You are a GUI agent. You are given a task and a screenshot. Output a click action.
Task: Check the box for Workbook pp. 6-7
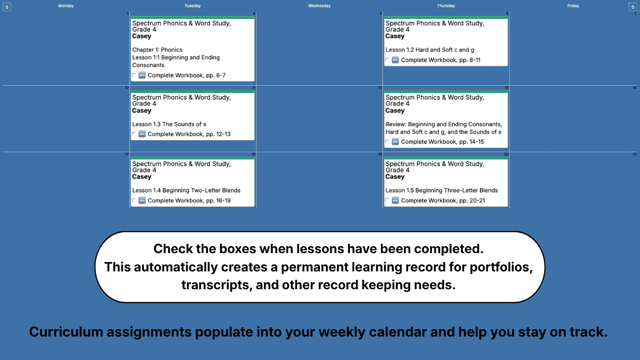(x=134, y=75)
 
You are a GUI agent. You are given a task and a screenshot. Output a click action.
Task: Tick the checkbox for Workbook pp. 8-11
(x=387, y=60)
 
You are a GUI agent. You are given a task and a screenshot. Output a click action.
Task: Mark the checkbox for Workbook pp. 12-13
(x=134, y=134)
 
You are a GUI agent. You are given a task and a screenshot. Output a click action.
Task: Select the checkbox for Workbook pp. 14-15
(x=387, y=142)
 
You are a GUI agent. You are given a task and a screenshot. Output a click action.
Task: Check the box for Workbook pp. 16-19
(x=134, y=201)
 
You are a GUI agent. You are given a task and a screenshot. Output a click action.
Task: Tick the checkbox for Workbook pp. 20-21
(x=387, y=201)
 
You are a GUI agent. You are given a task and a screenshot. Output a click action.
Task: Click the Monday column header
(x=66, y=6)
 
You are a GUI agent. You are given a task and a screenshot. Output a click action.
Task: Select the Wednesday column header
(x=319, y=6)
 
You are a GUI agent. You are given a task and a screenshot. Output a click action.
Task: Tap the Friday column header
(x=573, y=6)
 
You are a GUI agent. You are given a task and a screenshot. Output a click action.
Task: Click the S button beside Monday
(x=7, y=7)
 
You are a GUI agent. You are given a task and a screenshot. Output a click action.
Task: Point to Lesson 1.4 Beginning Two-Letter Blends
(x=186, y=190)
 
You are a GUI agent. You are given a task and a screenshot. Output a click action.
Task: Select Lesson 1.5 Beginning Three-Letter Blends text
(x=441, y=190)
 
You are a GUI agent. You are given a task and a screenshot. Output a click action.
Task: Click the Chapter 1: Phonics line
(x=157, y=50)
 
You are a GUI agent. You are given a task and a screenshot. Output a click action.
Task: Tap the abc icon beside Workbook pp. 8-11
(x=395, y=60)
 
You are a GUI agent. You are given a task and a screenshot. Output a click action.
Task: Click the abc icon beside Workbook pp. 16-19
(x=142, y=201)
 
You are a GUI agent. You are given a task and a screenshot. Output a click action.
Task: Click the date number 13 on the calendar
(x=506, y=88)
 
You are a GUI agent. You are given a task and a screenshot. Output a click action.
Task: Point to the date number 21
(x=634, y=154)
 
